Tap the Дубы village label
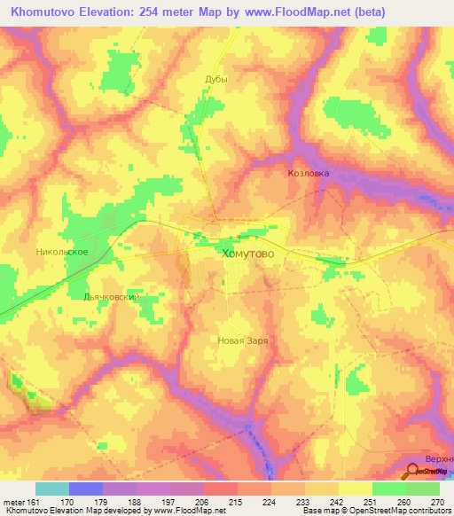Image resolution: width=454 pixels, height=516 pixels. point(216,79)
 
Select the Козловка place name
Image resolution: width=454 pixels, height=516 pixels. point(309,174)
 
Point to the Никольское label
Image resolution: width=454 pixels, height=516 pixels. point(61,252)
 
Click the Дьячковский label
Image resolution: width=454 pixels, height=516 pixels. point(111,298)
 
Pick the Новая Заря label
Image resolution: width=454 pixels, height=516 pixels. point(242,340)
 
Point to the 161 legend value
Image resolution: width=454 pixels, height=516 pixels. point(35,502)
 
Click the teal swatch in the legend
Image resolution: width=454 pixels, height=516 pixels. point(52,489)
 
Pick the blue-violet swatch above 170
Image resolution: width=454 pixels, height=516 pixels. point(86,489)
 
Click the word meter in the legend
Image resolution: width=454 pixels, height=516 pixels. point(12,502)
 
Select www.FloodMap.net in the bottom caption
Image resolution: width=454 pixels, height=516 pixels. point(184,511)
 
